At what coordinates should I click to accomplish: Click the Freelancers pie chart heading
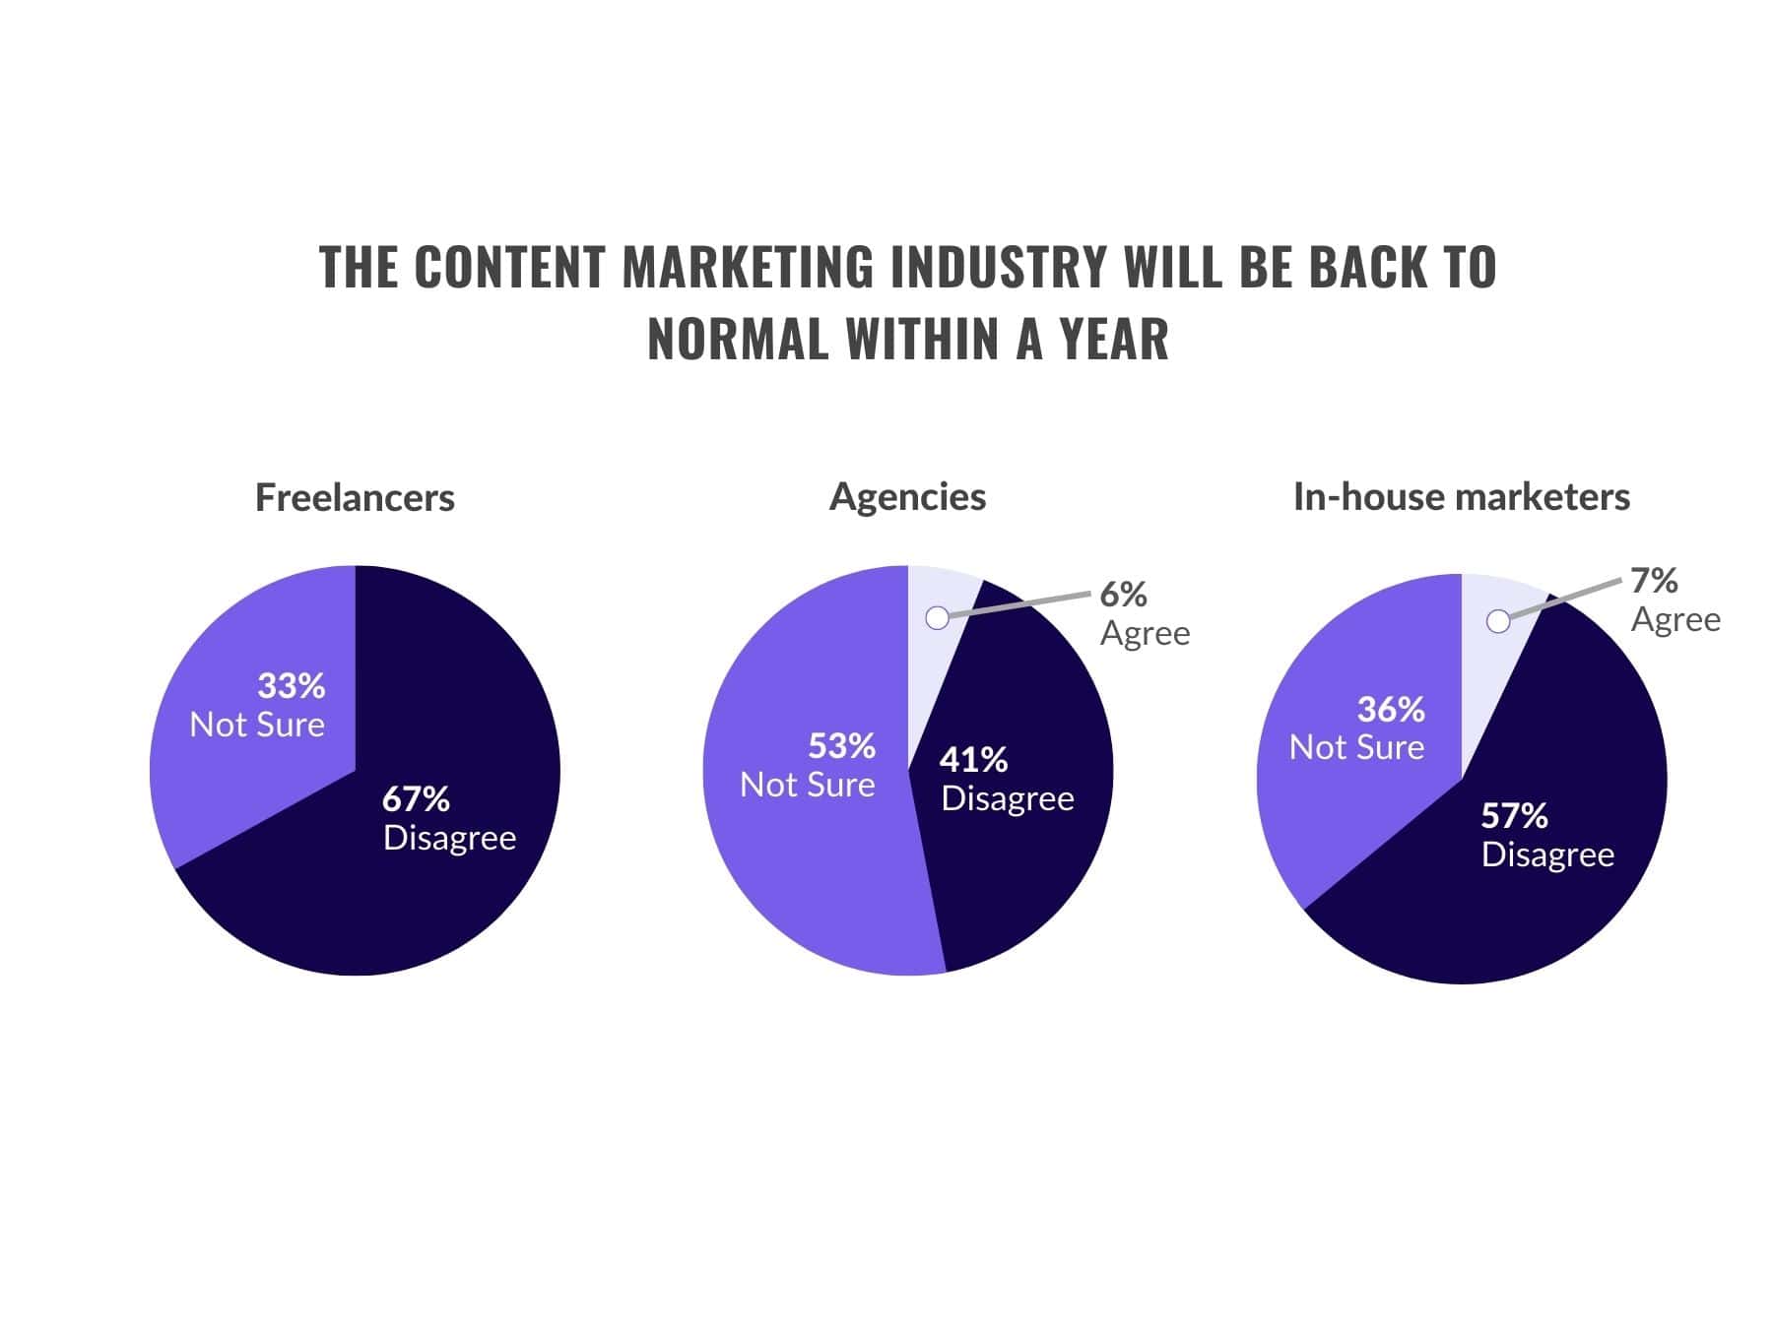(x=355, y=497)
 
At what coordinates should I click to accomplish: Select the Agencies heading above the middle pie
(x=907, y=497)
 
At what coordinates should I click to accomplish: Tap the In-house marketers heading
(x=1461, y=497)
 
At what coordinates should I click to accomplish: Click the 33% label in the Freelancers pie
(x=292, y=685)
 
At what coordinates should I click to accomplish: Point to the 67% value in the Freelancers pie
(x=416, y=798)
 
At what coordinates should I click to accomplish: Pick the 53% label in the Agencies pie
(x=841, y=746)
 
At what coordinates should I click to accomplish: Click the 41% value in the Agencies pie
(x=973, y=759)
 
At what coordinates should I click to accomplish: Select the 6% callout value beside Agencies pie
(x=1123, y=594)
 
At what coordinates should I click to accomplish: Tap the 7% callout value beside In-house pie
(x=1654, y=580)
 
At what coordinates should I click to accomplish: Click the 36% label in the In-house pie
(x=1391, y=709)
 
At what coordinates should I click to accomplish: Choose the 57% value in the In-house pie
(x=1514, y=815)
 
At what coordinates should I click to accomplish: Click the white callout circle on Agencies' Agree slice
(x=938, y=617)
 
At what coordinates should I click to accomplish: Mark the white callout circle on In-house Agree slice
(x=1498, y=621)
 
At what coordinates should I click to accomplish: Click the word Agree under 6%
(x=1145, y=633)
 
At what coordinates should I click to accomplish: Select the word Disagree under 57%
(x=1547, y=854)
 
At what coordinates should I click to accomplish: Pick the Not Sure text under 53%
(x=808, y=785)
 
